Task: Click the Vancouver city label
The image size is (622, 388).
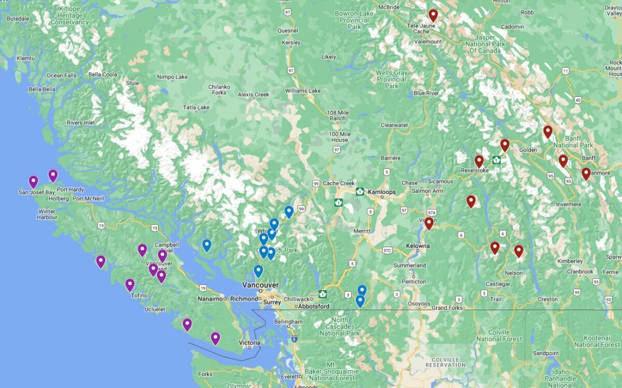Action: click(x=260, y=285)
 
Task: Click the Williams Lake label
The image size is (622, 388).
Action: click(x=303, y=91)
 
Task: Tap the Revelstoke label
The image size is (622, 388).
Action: click(x=474, y=170)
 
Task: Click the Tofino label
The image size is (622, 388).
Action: click(x=139, y=295)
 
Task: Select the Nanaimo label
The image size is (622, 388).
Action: click(x=210, y=299)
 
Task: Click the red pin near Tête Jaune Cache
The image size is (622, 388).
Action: click(x=433, y=15)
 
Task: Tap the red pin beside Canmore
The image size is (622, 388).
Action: click(x=586, y=174)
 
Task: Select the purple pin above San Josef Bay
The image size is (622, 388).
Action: click(x=33, y=181)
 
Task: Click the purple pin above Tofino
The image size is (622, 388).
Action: click(x=130, y=284)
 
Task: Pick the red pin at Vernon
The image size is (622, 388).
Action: click(x=429, y=223)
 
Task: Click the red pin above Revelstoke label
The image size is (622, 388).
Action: click(x=479, y=161)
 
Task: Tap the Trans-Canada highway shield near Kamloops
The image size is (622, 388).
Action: click(x=360, y=192)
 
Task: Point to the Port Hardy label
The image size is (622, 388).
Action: click(x=69, y=190)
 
